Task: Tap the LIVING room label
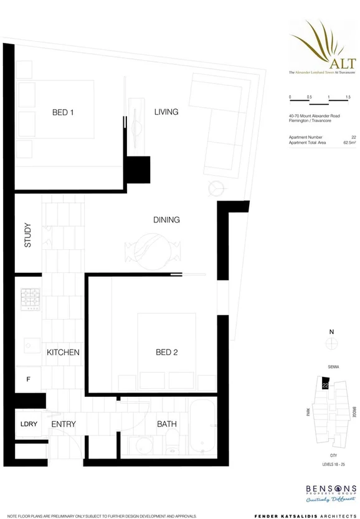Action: click(x=166, y=112)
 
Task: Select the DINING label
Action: click(x=166, y=220)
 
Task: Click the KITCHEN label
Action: click(x=63, y=353)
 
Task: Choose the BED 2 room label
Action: click(x=167, y=353)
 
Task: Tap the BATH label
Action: click(x=167, y=424)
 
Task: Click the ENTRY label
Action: click(x=64, y=424)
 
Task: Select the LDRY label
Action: click(x=29, y=424)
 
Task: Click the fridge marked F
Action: click(x=28, y=379)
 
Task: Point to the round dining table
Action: click(x=153, y=251)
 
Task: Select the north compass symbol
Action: click(x=332, y=343)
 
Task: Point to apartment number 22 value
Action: click(x=353, y=137)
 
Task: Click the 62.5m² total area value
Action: click(x=349, y=143)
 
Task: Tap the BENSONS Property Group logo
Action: click(x=331, y=490)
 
